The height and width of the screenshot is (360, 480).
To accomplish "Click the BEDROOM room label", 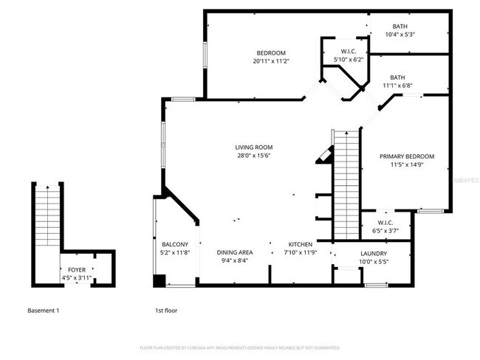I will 271,52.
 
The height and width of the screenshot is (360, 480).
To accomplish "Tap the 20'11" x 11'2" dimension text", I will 271,61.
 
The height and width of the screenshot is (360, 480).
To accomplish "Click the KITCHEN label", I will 301,244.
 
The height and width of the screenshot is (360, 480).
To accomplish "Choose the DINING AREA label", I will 236,252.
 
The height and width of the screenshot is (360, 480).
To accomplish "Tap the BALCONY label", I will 176,244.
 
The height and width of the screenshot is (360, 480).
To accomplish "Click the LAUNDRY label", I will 373,253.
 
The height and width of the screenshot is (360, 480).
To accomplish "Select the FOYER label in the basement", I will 77,270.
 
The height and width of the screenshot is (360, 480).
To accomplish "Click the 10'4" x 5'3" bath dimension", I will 399,35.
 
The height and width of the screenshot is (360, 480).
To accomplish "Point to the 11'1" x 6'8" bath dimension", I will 397,86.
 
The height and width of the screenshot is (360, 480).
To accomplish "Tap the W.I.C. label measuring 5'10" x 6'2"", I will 349,51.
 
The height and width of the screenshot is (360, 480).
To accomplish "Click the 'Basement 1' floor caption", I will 43,311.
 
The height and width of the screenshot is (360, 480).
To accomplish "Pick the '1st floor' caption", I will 167,311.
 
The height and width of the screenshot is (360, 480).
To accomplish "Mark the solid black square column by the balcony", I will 159,280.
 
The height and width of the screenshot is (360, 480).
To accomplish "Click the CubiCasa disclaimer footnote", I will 239,347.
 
